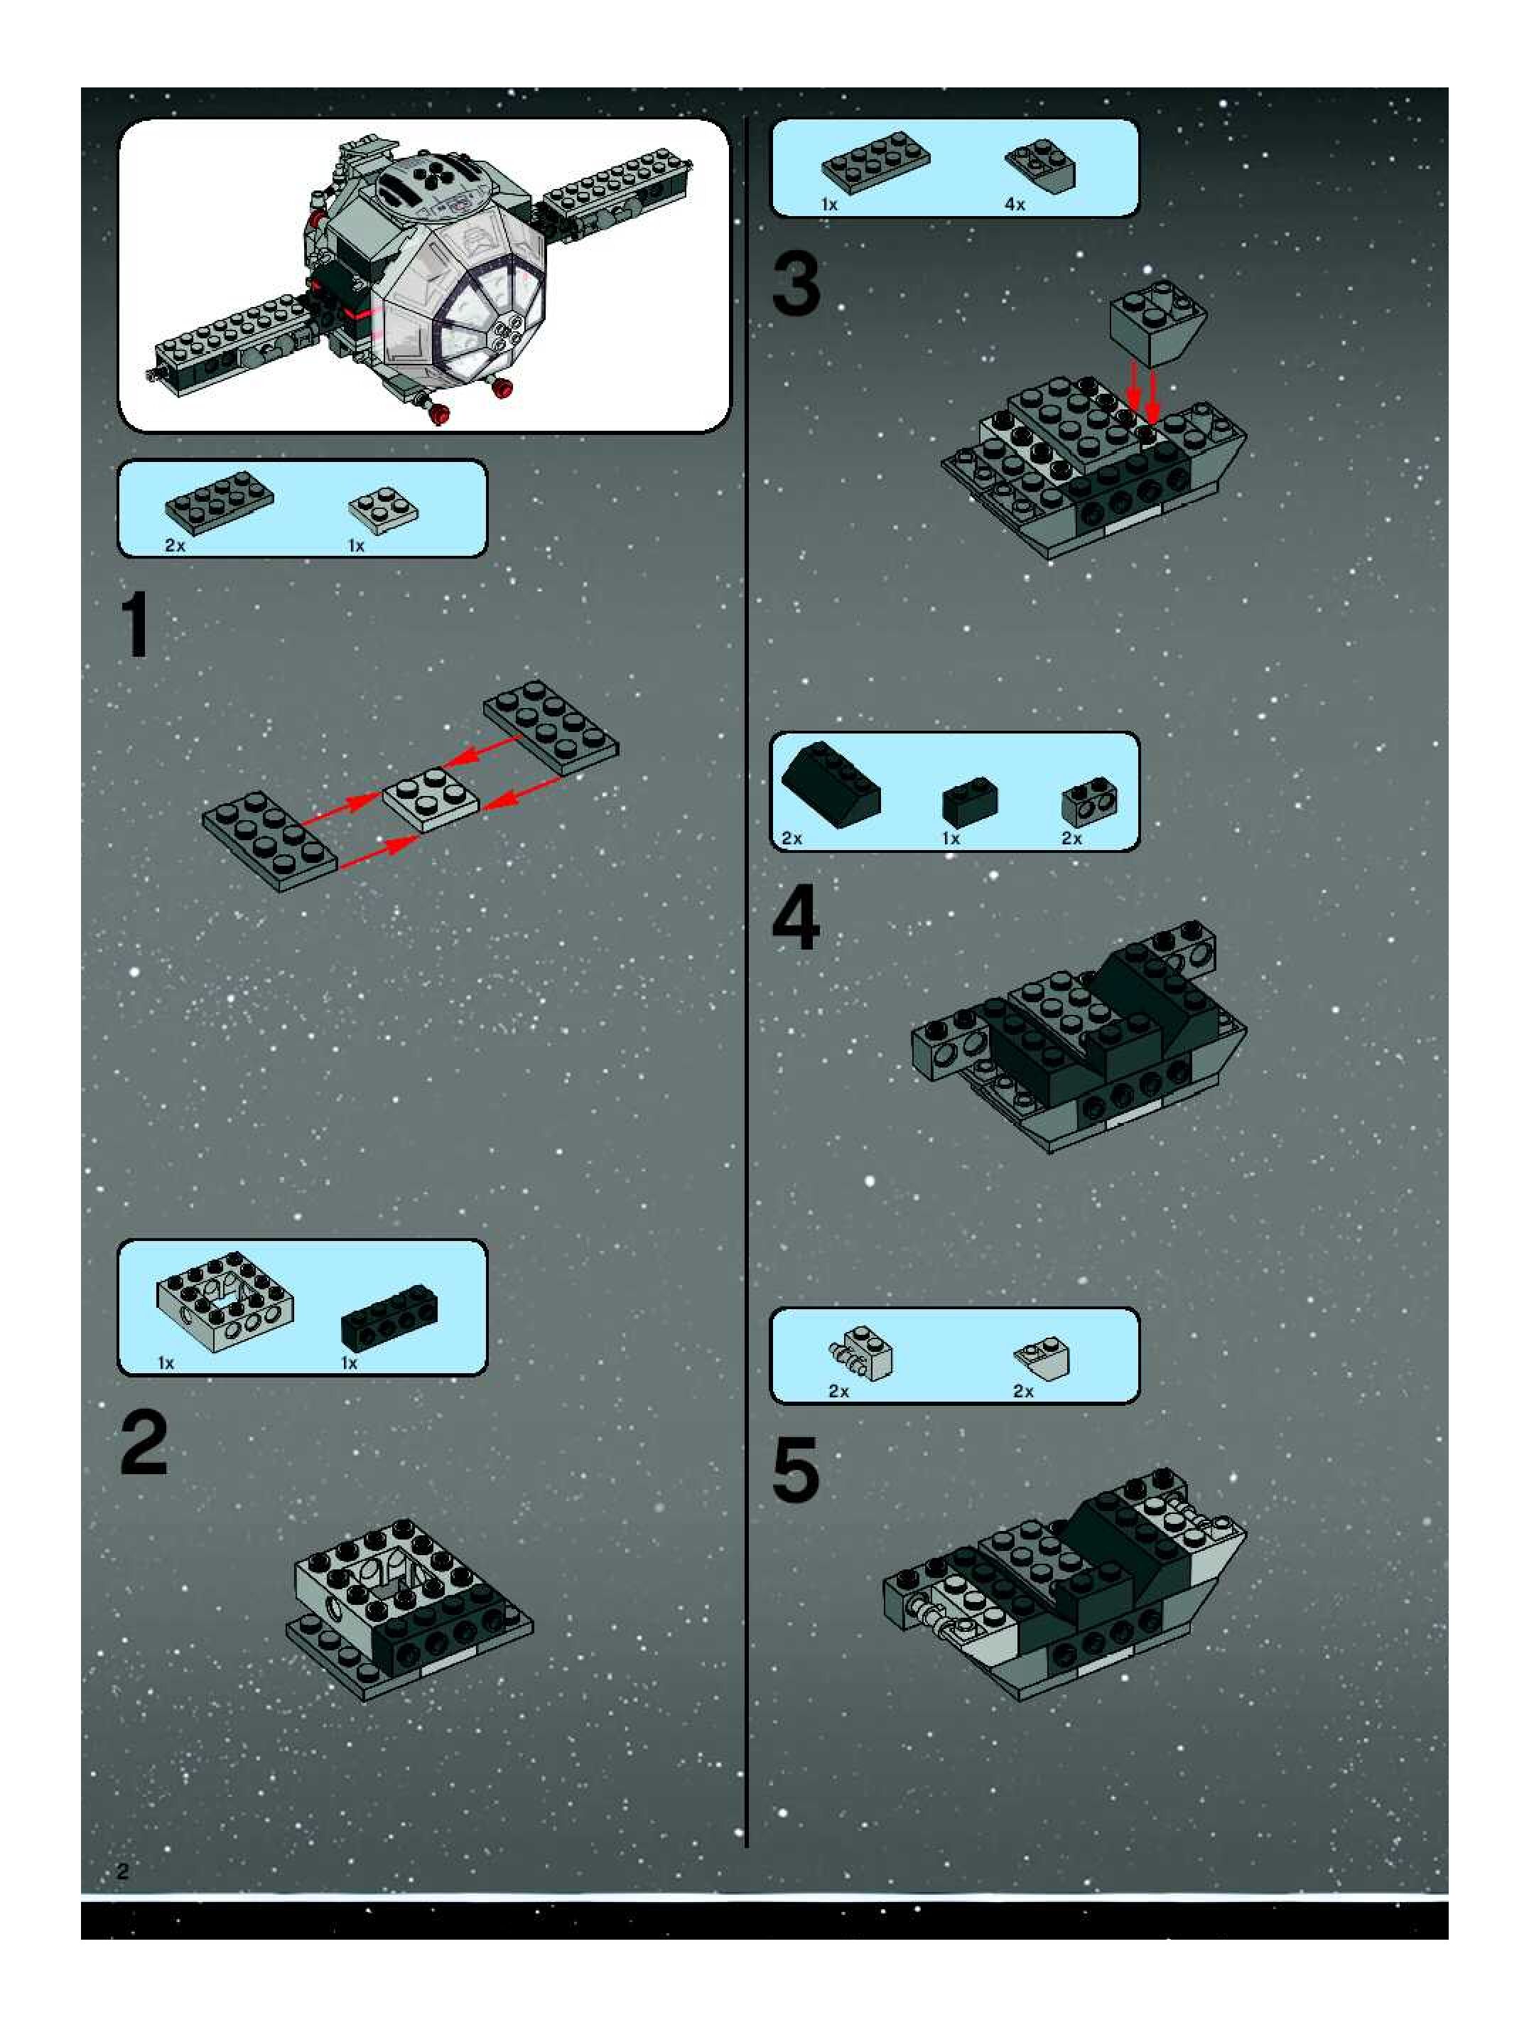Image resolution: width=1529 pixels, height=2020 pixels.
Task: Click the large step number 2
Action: pyautogui.click(x=144, y=1442)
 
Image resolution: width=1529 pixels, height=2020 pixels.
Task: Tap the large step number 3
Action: pyautogui.click(x=796, y=285)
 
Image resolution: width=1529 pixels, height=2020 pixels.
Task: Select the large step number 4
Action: pyautogui.click(x=796, y=920)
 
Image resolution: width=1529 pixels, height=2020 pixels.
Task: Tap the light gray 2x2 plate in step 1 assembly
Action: pyautogui.click(x=430, y=799)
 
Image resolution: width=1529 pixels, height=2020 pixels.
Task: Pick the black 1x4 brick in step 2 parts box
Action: pyautogui.click(x=389, y=1318)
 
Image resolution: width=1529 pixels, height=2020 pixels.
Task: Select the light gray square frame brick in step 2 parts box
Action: pyautogui.click(x=225, y=1301)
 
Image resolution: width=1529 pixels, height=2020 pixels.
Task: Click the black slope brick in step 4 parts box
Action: pyautogui.click(x=831, y=783)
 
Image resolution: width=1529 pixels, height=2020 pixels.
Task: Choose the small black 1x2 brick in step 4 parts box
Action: pyautogui.click(x=969, y=800)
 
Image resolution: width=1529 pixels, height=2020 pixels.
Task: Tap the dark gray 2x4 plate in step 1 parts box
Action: pyautogui.click(x=219, y=500)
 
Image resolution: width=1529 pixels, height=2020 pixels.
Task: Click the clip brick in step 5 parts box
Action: pyautogui.click(x=862, y=1353)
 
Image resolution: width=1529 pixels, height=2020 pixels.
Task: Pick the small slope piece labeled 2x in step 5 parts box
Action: pyautogui.click(x=1042, y=1357)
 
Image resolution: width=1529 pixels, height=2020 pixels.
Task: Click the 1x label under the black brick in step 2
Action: pyautogui.click(x=349, y=1363)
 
